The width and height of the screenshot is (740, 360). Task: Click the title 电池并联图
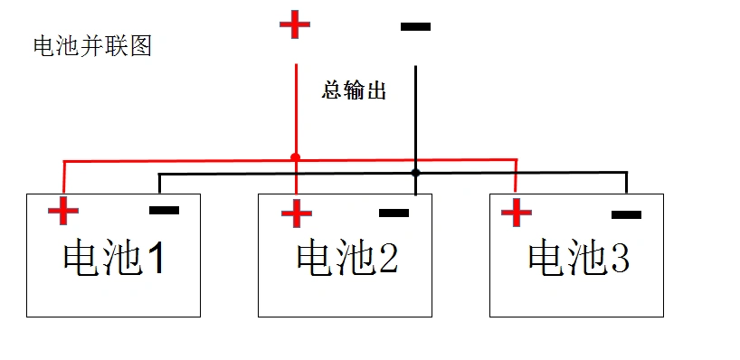click(91, 46)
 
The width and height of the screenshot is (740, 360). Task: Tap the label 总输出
click(354, 91)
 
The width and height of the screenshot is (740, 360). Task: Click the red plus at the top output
click(294, 24)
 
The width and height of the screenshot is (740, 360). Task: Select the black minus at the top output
click(415, 27)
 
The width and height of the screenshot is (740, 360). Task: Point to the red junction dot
click(295, 157)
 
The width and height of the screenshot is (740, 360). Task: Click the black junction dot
click(415, 172)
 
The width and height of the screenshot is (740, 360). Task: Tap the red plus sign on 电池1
click(63, 211)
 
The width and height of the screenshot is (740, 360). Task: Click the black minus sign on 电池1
click(164, 211)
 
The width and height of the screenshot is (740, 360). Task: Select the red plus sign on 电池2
click(296, 213)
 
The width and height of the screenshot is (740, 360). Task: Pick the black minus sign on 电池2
click(394, 213)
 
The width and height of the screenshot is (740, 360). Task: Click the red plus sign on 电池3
click(516, 213)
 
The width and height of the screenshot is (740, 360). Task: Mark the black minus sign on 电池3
click(626, 215)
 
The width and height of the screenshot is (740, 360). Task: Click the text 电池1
click(114, 260)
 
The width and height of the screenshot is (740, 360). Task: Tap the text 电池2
click(346, 260)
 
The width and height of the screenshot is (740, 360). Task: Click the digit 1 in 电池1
click(156, 261)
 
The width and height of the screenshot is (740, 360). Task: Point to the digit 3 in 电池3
click(619, 259)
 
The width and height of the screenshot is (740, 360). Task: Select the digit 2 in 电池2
click(387, 261)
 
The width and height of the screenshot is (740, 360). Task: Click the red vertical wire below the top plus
click(295, 109)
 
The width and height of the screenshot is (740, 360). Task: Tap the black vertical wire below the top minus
click(415, 118)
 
